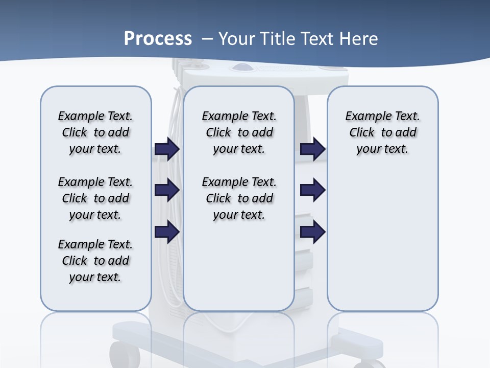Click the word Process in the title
click(158, 39)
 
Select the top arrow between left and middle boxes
click(167, 149)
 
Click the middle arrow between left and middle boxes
click(167, 190)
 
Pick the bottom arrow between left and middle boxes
click(167, 232)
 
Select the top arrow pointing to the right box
click(313, 149)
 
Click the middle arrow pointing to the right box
click(313, 190)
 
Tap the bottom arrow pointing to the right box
click(313, 232)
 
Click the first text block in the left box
click(95, 132)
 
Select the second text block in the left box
click(95, 198)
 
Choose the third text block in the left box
click(95, 261)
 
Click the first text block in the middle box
click(239, 132)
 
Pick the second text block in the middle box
click(239, 198)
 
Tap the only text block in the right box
click(382, 132)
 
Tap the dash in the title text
click(207, 39)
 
